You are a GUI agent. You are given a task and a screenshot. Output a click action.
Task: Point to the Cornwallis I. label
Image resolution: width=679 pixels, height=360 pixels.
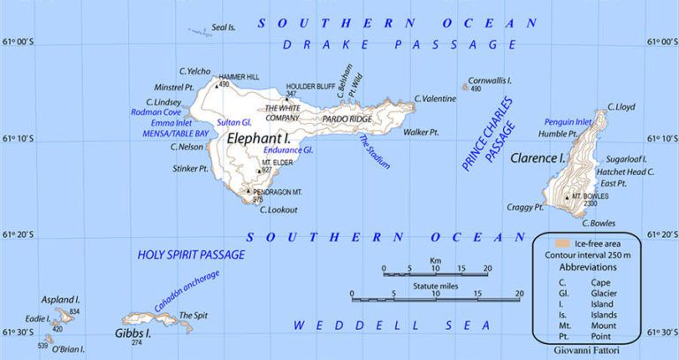[491, 79]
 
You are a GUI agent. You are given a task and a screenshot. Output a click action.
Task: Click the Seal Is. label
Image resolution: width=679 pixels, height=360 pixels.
[224, 27]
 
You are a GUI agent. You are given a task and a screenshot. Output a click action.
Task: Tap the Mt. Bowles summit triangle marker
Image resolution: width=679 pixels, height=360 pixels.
[567, 196]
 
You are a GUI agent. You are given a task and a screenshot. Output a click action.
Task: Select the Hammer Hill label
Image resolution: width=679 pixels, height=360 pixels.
[239, 77]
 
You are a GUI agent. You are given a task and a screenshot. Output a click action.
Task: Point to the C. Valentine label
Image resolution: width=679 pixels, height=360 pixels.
[435, 98]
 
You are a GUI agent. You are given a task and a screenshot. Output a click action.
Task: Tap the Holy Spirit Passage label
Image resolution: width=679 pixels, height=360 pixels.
[191, 255]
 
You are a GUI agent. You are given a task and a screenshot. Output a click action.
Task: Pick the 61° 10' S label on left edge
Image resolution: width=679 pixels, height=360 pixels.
[17, 138]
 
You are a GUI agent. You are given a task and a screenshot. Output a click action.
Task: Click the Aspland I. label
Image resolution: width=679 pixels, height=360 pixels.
[50, 300]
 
